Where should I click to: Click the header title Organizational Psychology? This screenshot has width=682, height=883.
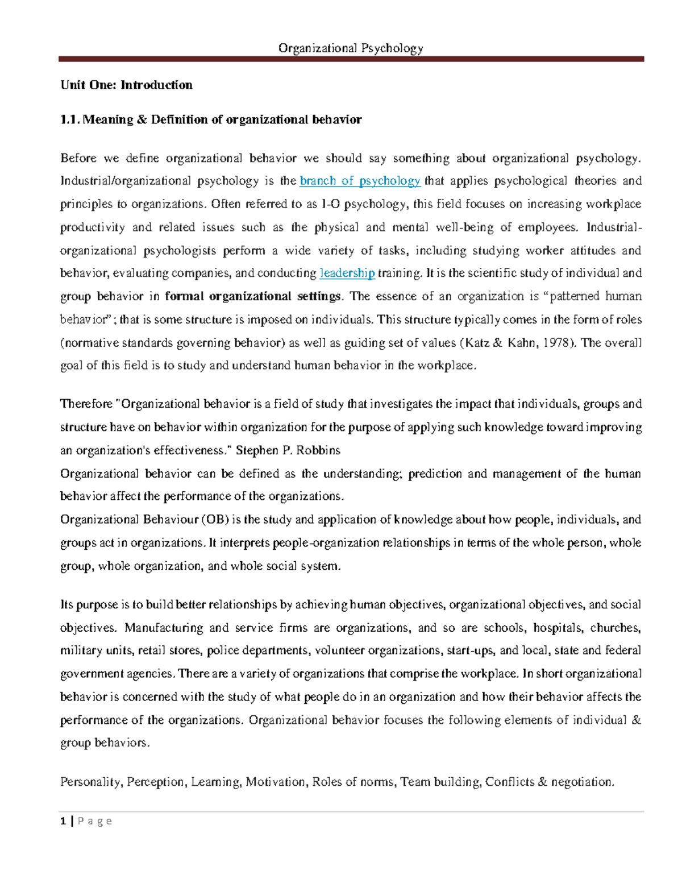pos(351,48)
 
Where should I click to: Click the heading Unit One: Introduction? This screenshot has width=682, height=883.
pos(126,85)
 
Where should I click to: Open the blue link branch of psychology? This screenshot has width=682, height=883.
pos(360,181)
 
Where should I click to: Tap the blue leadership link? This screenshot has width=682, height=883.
pos(347,273)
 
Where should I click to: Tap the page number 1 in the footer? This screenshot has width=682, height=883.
pos(63,821)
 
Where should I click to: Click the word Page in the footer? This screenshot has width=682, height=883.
pos(94,821)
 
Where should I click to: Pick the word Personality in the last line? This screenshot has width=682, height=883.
pos(90,782)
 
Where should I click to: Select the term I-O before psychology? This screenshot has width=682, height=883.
pos(331,204)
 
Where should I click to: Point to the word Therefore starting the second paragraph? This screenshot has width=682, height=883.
pos(86,404)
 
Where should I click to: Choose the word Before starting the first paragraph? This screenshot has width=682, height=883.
pos(78,158)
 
